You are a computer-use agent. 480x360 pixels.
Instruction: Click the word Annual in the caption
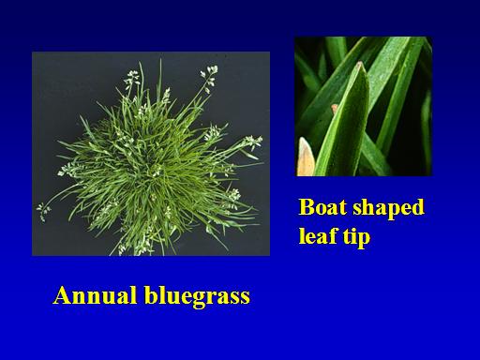pyautogui.click(x=96, y=295)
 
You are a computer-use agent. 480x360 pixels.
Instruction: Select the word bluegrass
pyautogui.click(x=197, y=296)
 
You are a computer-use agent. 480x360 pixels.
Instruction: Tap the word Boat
pyautogui.click(x=323, y=207)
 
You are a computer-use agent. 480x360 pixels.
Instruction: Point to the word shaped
pyautogui.click(x=388, y=208)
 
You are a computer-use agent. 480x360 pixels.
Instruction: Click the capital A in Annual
pyautogui.click(x=62, y=295)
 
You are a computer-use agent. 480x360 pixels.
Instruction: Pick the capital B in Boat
pyautogui.click(x=306, y=207)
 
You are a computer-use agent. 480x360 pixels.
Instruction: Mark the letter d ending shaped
pyautogui.click(x=417, y=207)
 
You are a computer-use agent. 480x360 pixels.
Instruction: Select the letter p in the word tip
pyautogui.click(x=364, y=239)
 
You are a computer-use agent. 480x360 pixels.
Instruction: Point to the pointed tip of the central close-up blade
pyautogui.click(x=360, y=64)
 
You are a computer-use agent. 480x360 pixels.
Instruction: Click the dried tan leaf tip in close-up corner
pyautogui.click(x=305, y=157)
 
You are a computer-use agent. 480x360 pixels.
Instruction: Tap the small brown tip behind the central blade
pyautogui.click(x=335, y=109)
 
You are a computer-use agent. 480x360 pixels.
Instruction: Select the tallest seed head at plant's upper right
pyautogui.click(x=209, y=78)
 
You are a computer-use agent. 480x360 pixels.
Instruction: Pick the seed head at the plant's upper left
pyautogui.click(x=131, y=78)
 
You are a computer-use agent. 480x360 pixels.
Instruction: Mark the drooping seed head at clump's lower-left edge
pyautogui.click(x=42, y=211)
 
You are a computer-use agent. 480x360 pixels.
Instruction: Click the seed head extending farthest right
pyautogui.click(x=253, y=142)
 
